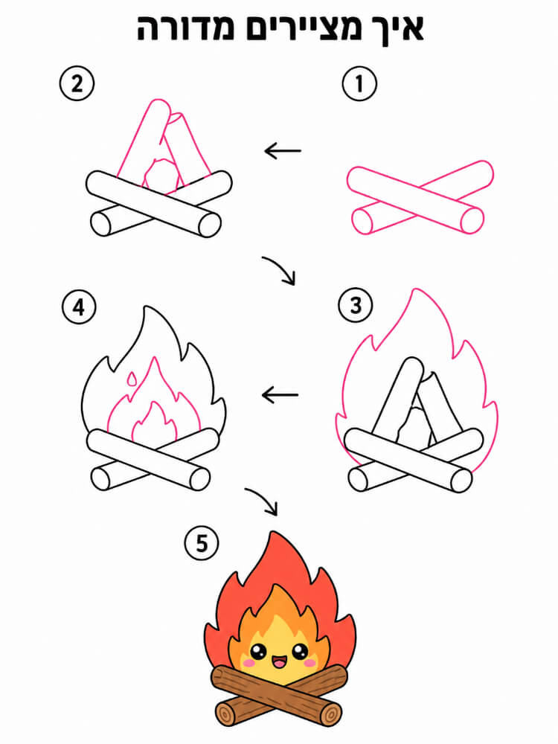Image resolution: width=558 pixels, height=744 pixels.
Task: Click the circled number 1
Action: (359, 83)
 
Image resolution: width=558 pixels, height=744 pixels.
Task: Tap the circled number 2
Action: (77, 83)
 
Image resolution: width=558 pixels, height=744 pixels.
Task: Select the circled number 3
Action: (356, 305)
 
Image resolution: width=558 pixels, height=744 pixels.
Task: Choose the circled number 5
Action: (202, 542)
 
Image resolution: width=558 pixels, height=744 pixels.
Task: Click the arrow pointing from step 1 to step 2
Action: (283, 151)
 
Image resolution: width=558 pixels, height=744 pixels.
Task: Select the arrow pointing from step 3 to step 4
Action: (280, 394)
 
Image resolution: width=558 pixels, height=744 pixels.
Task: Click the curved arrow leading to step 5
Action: (262, 500)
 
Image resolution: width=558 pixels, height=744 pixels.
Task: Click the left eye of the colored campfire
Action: (259, 652)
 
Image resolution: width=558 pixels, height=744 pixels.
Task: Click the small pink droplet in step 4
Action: (131, 378)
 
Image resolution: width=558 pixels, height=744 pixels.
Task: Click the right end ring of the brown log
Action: (330, 713)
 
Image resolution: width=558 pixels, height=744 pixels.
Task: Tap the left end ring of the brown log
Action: (225, 714)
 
